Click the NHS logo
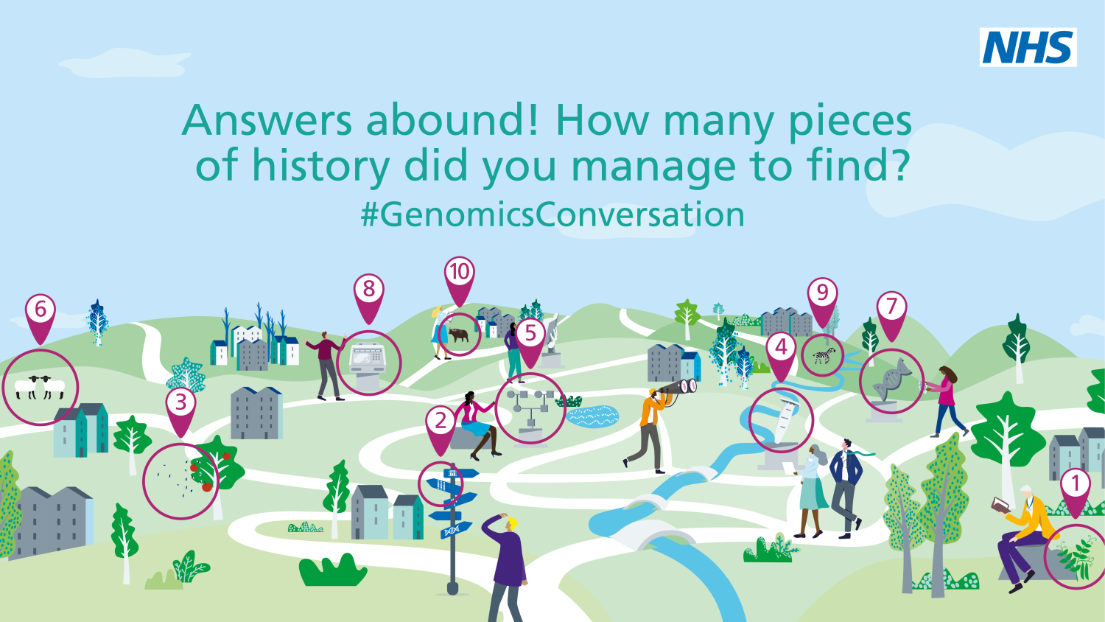pos(1028,47)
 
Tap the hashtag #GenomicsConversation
pos(552,214)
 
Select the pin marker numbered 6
pos(41,318)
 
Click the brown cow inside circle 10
pos(459,335)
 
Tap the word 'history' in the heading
pos(321,166)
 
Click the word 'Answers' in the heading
pos(267,120)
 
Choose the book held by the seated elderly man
pos(1001,505)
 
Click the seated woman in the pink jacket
pos(476,425)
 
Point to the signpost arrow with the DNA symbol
pos(456,531)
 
